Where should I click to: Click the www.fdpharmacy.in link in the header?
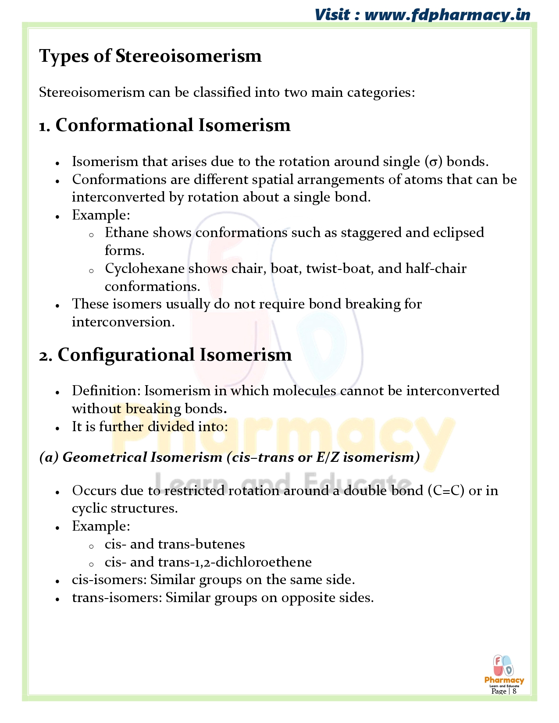(447, 15)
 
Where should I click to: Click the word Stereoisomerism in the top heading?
(189, 56)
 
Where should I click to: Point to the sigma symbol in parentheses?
(433, 162)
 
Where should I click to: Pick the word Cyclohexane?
(144, 269)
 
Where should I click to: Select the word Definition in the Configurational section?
(106, 391)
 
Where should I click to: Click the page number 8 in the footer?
(514, 691)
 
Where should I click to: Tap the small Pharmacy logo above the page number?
(504, 670)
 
